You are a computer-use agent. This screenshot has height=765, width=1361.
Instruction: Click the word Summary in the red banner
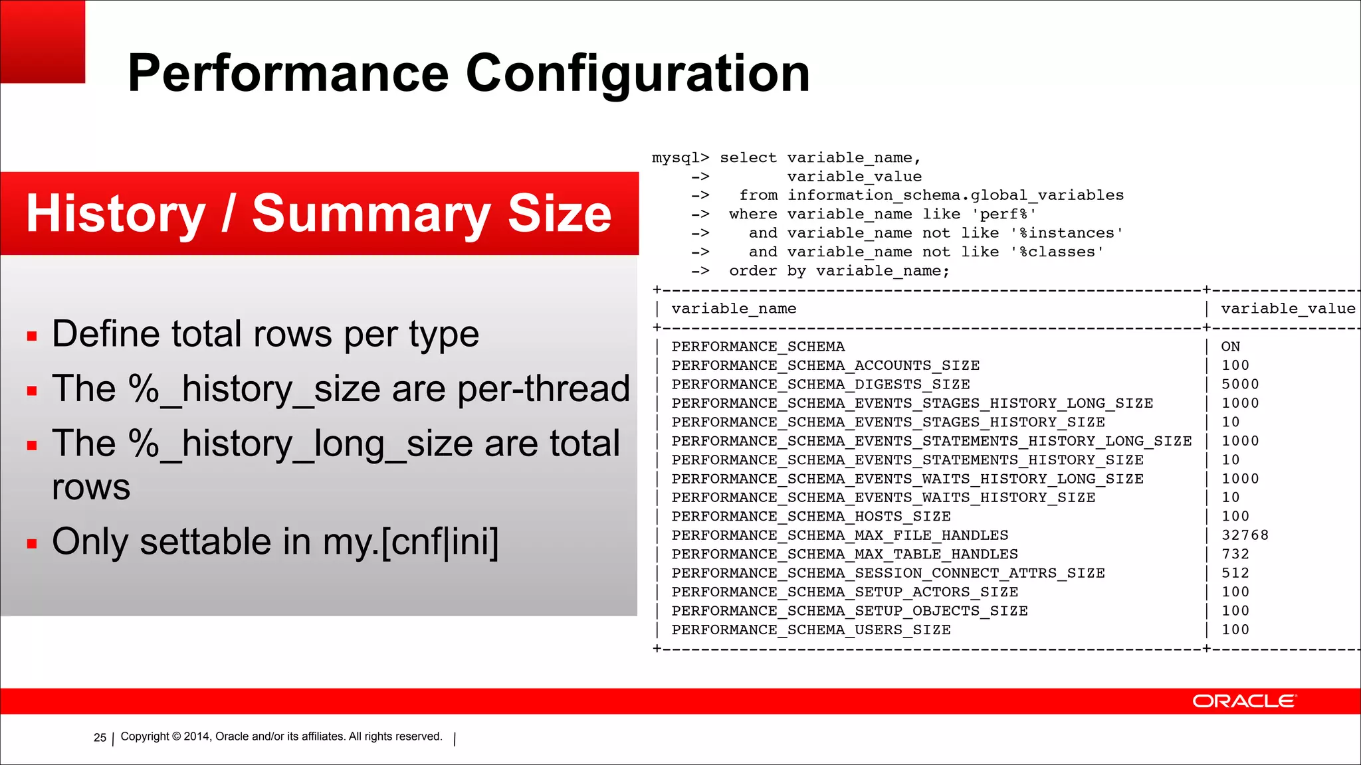coord(371,214)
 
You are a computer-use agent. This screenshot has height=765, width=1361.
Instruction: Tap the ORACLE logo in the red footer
coord(1243,701)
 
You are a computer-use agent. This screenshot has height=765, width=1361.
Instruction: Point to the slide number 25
coord(100,737)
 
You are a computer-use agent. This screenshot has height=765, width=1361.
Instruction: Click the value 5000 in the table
coord(1240,384)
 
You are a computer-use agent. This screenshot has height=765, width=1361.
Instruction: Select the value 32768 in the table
coord(1245,535)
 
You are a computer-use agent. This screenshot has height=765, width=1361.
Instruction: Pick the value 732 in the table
coord(1235,554)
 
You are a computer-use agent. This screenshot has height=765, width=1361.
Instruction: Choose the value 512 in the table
coord(1235,573)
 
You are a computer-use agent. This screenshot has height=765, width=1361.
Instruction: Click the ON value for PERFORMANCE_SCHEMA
coord(1230,347)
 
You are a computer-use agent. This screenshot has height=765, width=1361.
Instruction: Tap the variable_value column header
coord(1288,309)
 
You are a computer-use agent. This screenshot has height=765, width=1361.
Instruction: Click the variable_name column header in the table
coord(734,309)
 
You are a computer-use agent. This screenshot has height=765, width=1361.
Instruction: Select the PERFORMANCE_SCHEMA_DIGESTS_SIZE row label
coord(820,384)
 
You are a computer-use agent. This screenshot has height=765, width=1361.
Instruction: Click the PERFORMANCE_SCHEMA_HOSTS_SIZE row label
coord(811,517)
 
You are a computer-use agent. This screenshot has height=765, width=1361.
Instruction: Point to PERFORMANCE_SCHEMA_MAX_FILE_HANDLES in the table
coord(839,535)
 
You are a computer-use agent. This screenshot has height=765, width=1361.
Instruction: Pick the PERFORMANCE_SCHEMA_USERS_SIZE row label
coord(811,630)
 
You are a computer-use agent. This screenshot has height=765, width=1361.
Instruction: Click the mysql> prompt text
coord(680,158)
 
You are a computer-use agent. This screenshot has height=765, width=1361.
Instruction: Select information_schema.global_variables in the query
coord(955,195)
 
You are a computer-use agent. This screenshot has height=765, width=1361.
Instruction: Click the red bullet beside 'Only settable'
coord(32,544)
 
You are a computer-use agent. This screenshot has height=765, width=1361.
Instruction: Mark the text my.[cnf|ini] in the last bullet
coord(410,542)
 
